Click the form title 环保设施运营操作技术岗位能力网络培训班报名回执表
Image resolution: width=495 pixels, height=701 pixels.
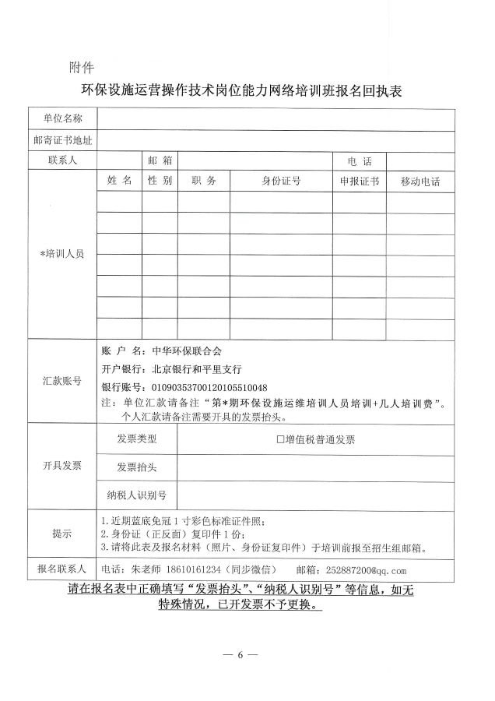pos(247,91)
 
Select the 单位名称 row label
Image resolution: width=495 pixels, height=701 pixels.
pos(62,119)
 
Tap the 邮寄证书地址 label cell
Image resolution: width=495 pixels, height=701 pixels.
pos(62,141)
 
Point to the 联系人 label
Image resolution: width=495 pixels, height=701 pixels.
pos(62,160)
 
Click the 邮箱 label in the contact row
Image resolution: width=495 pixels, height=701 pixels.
pos(160,160)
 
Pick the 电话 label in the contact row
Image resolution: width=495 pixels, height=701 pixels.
pos(360,161)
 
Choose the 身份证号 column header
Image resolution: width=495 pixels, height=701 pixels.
pos(281,181)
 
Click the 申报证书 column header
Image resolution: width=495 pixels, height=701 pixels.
pos(360,181)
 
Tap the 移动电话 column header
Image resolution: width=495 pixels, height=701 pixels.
pos(420,181)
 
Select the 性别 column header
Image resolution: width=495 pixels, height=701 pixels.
pos(160,181)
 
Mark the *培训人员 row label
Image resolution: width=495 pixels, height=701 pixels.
pos(62,255)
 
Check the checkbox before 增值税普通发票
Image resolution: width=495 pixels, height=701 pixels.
pos(281,439)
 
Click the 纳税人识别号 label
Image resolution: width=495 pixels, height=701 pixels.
pos(136,495)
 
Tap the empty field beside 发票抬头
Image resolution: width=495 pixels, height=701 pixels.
pos(315,467)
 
